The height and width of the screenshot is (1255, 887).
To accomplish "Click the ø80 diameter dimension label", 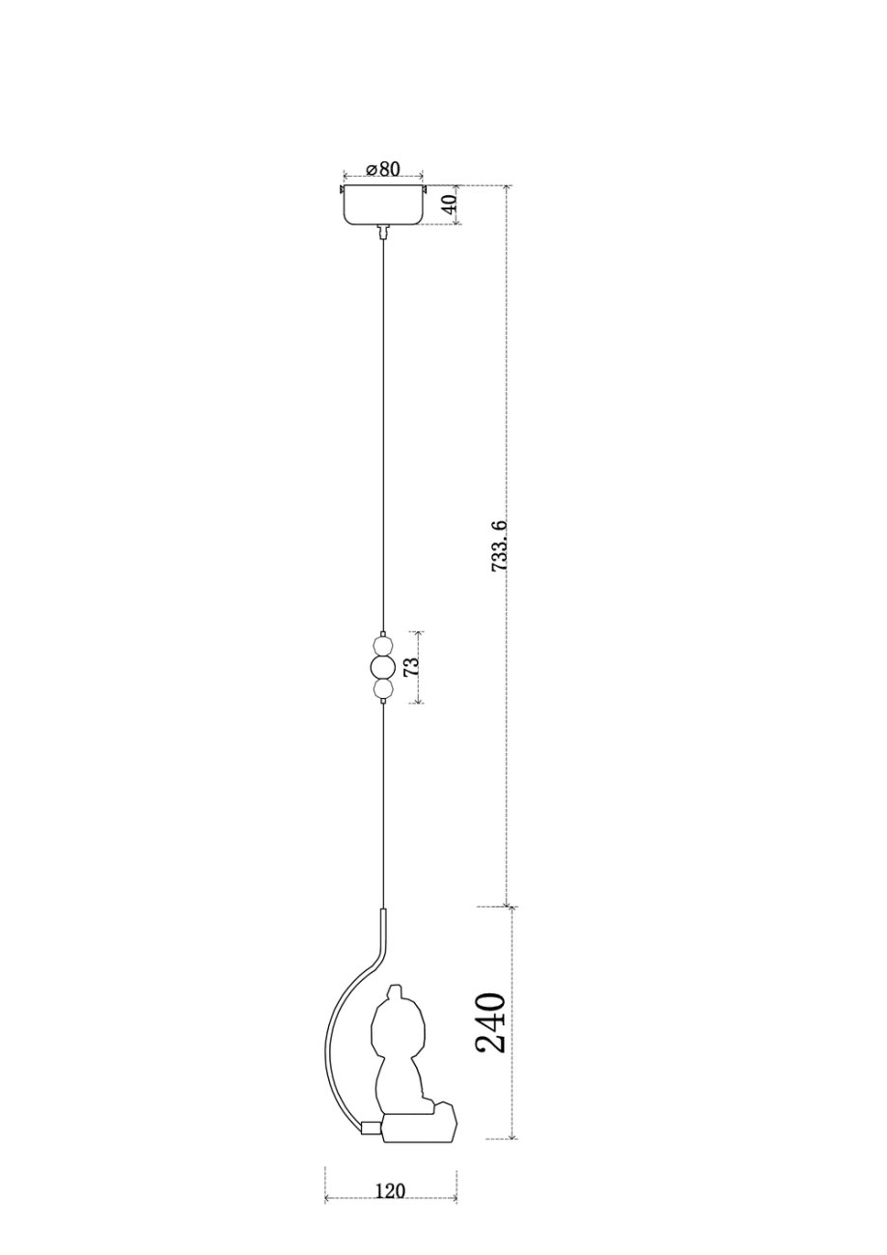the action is point(382,169).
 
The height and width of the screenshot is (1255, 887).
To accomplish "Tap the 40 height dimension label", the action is point(450,205).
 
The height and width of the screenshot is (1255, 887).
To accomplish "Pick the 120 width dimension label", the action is point(390,1176).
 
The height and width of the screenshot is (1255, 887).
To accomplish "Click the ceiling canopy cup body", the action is point(383,205).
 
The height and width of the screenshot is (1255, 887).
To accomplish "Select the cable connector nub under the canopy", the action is point(383,231).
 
